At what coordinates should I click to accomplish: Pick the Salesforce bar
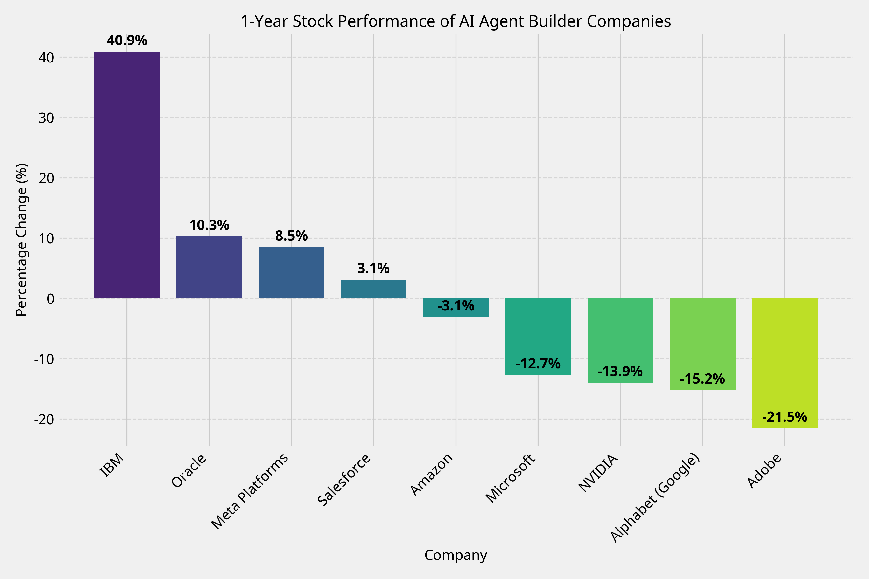tap(373, 289)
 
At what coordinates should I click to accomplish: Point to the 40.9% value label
tap(127, 41)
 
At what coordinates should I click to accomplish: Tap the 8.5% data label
tap(291, 236)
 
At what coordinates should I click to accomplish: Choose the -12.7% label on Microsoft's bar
tap(538, 364)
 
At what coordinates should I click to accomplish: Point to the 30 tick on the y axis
tap(46, 118)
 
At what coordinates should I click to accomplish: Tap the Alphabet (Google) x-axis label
tap(655, 498)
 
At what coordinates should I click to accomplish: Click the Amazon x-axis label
tap(432, 475)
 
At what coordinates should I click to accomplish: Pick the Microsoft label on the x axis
tap(510, 478)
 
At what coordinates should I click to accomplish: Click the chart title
tap(456, 21)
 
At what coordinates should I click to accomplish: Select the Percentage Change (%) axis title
tap(22, 240)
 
